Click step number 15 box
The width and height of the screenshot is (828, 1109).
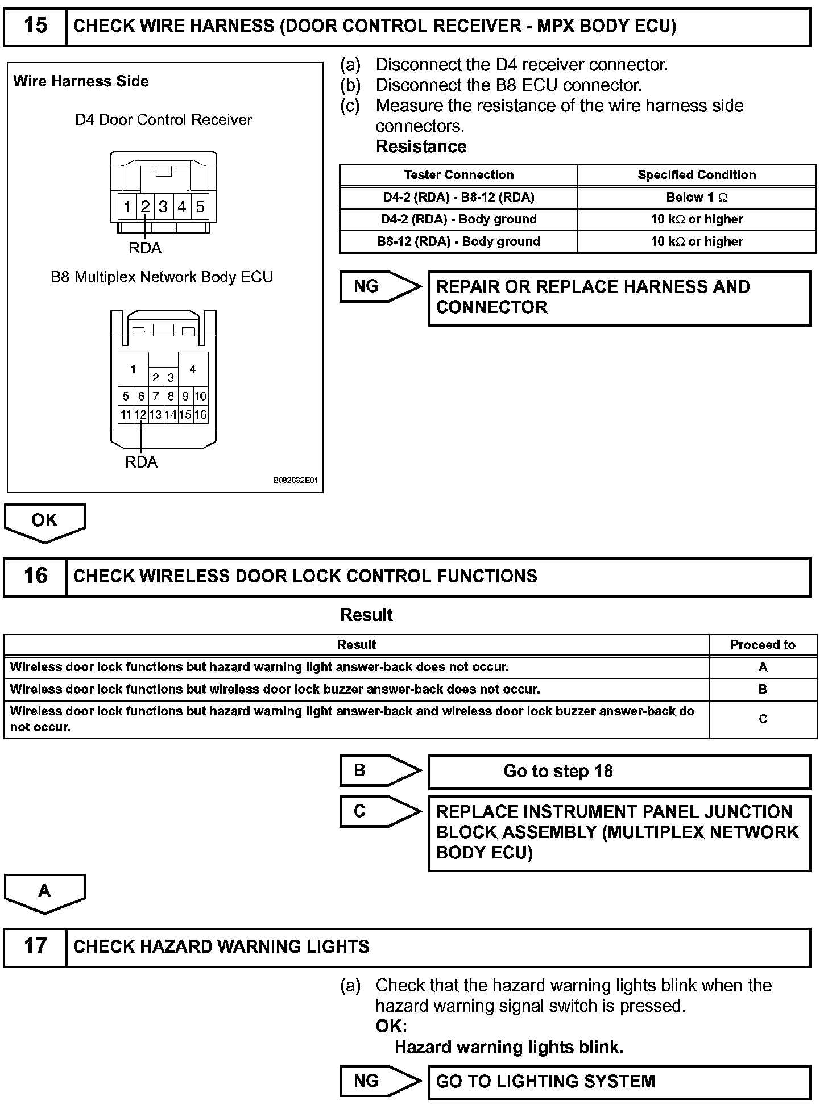coord(35,26)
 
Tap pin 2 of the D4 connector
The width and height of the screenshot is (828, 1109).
coord(145,207)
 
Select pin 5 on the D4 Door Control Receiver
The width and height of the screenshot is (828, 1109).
coord(200,207)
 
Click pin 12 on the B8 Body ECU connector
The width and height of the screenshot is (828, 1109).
coord(140,415)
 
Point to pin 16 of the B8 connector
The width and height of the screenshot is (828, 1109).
coord(200,415)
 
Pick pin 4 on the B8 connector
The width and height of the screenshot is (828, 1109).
coord(193,370)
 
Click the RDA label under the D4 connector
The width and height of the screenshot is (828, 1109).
coord(145,248)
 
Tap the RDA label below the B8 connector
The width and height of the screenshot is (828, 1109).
coord(141,462)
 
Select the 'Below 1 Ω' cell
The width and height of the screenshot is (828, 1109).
coord(697,198)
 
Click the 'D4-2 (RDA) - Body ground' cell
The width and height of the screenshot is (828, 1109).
coord(458,219)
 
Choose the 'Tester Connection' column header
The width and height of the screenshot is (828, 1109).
coord(458,175)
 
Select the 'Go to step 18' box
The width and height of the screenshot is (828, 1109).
coord(619,772)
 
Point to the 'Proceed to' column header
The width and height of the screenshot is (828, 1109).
coord(763,645)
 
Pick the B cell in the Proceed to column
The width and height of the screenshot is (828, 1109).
coord(763,689)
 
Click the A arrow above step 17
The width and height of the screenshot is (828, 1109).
coord(44,893)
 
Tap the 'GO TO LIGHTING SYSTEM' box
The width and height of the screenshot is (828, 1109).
coord(619,1081)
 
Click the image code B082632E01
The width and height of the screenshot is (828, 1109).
coord(296,481)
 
